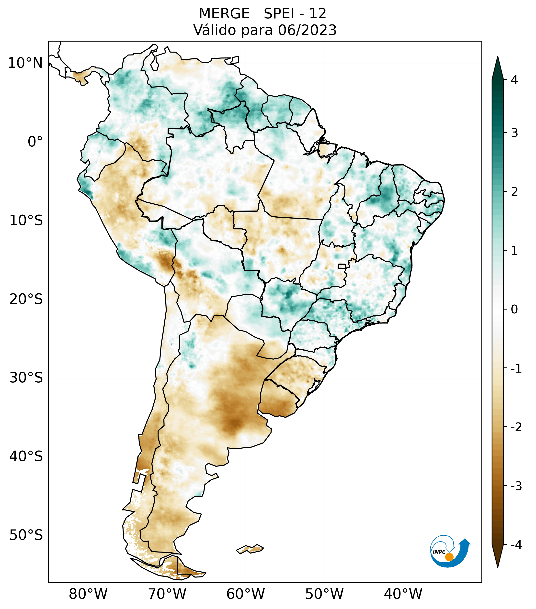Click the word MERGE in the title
pyautogui.click(x=224, y=14)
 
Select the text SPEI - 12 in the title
pyautogui.click(x=295, y=14)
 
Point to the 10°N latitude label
pyautogui.click(x=25, y=63)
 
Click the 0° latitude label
pyautogui.click(x=35, y=142)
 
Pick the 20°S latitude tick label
pyautogui.click(x=26, y=299)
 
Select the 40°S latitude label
pyautogui.click(x=26, y=456)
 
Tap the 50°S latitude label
pyautogui.click(x=26, y=535)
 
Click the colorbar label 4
pyautogui.click(x=514, y=80)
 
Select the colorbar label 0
pyautogui.click(x=514, y=310)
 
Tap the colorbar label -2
pyautogui.click(x=516, y=428)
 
